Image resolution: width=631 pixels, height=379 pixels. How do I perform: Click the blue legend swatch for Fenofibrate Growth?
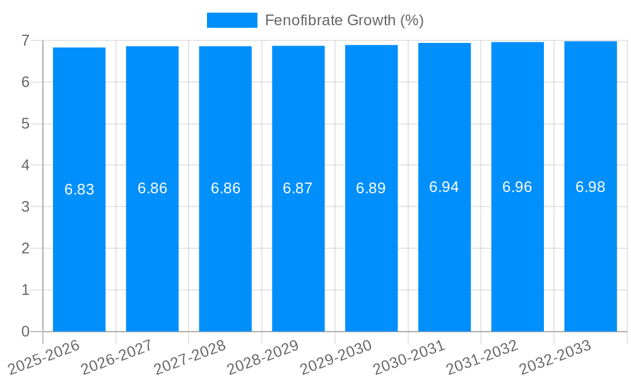point(232,20)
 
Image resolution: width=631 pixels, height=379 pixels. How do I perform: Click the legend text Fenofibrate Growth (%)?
point(344,20)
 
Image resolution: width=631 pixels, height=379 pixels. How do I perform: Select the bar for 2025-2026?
point(79,253)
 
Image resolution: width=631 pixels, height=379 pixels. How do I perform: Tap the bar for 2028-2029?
point(298,253)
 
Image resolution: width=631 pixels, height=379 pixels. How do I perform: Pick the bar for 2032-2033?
point(591,253)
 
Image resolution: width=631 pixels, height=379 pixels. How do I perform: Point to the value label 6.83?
point(80,189)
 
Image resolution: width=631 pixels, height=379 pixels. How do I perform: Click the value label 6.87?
point(298,188)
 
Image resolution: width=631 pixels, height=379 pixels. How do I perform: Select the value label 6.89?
point(371,188)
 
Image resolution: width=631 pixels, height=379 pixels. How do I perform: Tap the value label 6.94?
point(444,187)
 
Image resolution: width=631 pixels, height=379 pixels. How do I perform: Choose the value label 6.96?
point(517,187)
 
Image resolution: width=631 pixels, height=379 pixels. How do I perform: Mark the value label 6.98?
point(591,187)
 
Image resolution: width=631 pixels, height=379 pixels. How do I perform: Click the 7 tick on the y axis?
point(25,40)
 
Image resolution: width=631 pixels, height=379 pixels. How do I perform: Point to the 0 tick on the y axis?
point(25,332)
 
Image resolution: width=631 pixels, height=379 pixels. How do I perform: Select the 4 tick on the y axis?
point(25,165)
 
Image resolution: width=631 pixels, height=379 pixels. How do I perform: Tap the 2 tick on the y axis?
point(25,248)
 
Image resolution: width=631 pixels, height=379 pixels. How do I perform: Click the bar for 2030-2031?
point(444,253)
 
